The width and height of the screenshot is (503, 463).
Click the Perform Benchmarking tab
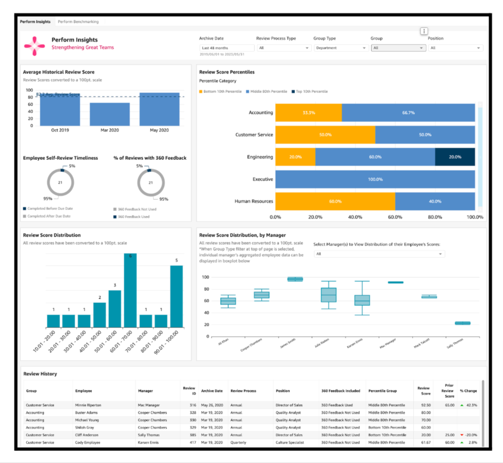[x=78, y=22]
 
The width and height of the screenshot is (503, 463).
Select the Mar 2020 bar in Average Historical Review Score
[x=110, y=114]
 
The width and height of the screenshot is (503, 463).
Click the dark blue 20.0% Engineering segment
[x=455, y=157]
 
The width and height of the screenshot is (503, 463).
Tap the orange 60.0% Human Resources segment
[x=335, y=201]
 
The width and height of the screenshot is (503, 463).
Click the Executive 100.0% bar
[x=375, y=179]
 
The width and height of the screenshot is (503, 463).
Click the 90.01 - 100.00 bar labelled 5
[x=177, y=296]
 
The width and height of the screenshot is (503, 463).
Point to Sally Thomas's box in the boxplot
[x=462, y=323]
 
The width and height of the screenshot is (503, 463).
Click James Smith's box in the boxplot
[x=295, y=279]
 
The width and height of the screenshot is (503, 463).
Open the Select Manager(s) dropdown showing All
[x=379, y=254]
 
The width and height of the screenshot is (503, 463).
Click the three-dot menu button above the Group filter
[x=424, y=31]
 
